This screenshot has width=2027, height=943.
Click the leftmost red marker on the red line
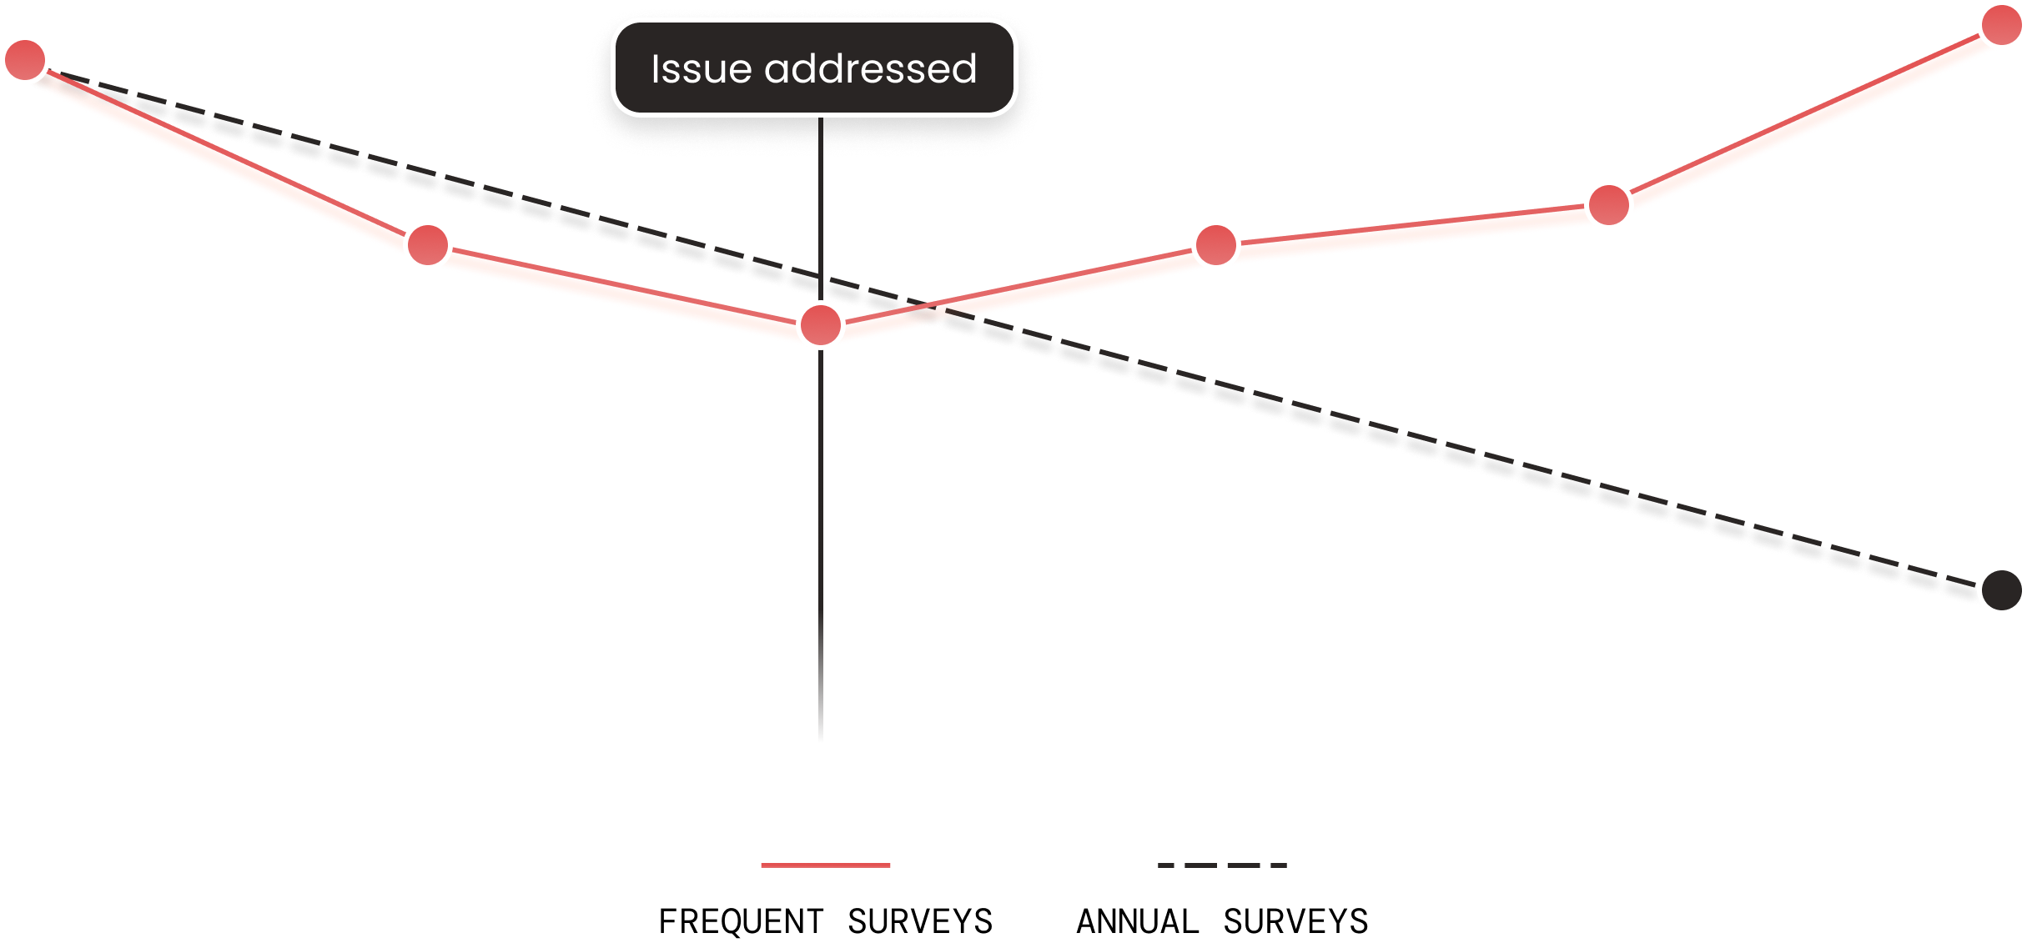pyautogui.click(x=25, y=60)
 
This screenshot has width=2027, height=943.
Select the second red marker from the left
pyautogui.click(x=428, y=245)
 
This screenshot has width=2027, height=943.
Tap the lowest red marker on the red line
pyautogui.click(x=821, y=325)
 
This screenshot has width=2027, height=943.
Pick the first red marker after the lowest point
pyautogui.click(x=1215, y=245)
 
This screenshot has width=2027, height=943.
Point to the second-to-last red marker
pyautogui.click(x=1608, y=204)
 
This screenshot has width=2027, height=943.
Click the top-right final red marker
pyautogui.click(x=2001, y=25)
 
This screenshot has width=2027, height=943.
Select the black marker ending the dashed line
pyautogui.click(x=2001, y=590)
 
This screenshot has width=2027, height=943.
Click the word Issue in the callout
pyautogui.click(x=700, y=69)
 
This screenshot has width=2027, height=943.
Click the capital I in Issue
pyautogui.click(x=656, y=69)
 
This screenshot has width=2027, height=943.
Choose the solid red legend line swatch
pyautogui.click(x=825, y=865)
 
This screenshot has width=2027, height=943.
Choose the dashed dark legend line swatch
pyautogui.click(x=1222, y=865)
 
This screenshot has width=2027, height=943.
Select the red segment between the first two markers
pyautogui.click(x=225, y=154)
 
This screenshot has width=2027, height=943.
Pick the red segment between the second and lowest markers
pyautogui.click(x=626, y=288)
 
